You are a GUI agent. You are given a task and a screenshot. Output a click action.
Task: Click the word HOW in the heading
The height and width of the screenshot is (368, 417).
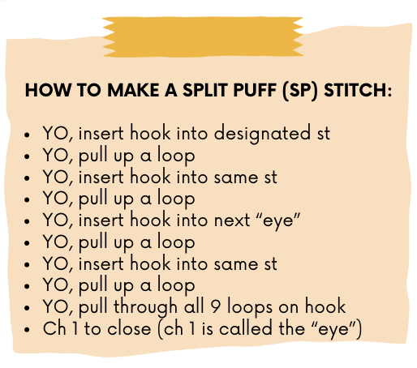(x=49, y=90)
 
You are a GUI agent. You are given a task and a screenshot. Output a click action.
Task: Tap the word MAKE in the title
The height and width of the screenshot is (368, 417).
(x=133, y=90)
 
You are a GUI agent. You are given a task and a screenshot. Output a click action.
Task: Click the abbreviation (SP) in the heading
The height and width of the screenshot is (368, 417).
(x=300, y=91)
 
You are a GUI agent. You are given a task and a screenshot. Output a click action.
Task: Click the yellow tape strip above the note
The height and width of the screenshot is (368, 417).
(x=203, y=36)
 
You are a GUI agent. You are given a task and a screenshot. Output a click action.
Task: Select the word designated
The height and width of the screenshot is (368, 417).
(x=262, y=134)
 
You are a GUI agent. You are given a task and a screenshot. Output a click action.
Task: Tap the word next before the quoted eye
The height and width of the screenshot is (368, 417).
(x=232, y=220)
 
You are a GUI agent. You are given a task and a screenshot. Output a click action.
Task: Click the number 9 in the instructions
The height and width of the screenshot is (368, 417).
(x=216, y=307)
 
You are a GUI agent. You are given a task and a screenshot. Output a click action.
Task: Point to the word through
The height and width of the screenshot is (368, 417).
(x=145, y=307)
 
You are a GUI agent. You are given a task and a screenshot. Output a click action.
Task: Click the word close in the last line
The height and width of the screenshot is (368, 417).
(x=129, y=328)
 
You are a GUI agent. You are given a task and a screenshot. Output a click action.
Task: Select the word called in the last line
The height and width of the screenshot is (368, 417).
(x=245, y=328)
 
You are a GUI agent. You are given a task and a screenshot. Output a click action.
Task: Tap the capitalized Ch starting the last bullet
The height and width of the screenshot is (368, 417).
(x=54, y=328)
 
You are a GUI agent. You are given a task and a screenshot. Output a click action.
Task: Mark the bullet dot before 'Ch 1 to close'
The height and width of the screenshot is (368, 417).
(x=27, y=330)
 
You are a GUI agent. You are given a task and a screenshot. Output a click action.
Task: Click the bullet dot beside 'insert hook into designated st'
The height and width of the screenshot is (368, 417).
(x=27, y=135)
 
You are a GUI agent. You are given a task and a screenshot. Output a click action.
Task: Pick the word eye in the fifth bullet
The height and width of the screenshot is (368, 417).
(x=278, y=221)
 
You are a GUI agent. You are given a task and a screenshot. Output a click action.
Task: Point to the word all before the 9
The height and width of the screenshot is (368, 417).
(x=194, y=306)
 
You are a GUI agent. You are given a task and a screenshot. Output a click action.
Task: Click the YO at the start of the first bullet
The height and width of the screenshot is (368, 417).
(x=56, y=134)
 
